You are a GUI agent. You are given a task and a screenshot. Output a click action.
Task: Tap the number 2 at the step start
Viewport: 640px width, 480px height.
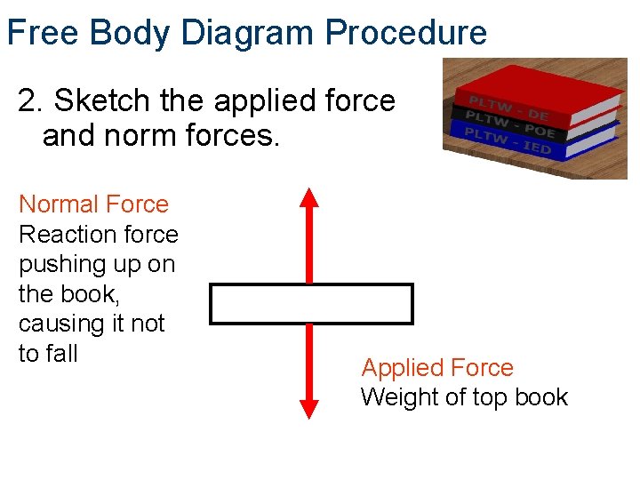click(x=28, y=101)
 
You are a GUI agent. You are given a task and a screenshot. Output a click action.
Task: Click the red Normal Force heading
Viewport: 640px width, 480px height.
click(x=93, y=204)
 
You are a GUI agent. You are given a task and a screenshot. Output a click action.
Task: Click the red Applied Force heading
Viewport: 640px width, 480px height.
click(x=437, y=368)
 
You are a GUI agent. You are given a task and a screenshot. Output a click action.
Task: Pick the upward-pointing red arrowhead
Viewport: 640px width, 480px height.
click(x=308, y=197)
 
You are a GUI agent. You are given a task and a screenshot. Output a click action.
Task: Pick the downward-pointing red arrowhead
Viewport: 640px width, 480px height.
click(x=308, y=408)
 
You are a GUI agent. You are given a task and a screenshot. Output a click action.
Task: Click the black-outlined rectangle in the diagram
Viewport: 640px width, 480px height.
click(x=311, y=304)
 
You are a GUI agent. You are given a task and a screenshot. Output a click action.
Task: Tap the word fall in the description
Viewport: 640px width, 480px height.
click(x=60, y=354)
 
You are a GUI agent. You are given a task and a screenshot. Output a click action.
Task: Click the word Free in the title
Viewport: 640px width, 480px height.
click(x=44, y=33)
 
